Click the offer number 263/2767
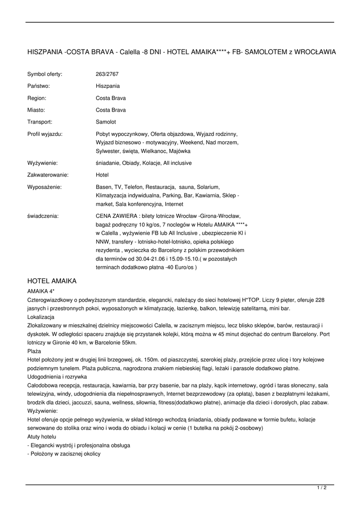(x=107, y=74)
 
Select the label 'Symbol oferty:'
(x=45, y=74)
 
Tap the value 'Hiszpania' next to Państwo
(x=107, y=86)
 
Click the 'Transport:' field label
(x=40, y=122)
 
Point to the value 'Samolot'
(x=106, y=122)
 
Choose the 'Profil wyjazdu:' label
(x=45, y=133)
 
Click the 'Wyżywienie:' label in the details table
(x=42, y=163)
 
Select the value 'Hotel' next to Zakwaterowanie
(x=102, y=175)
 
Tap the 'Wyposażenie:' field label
(x=44, y=187)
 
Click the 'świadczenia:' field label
(x=43, y=216)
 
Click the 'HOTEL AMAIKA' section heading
(x=52, y=281)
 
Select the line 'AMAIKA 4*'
(x=41, y=291)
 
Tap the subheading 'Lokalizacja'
(x=41, y=317)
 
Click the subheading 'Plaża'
(x=34, y=351)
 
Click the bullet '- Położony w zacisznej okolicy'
(x=64, y=454)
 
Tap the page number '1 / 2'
(x=322, y=488)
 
